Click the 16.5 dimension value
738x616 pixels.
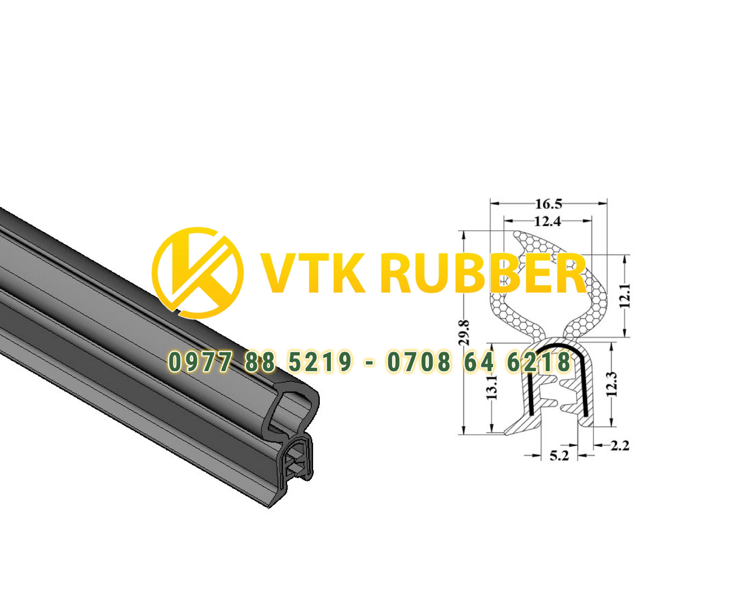549,204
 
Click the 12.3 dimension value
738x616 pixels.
612,384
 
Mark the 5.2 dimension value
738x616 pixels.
559,456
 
